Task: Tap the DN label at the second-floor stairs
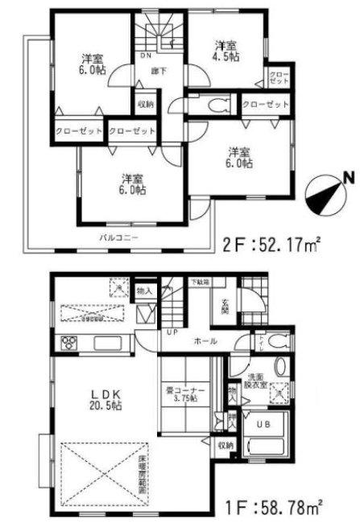click(147, 56)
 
